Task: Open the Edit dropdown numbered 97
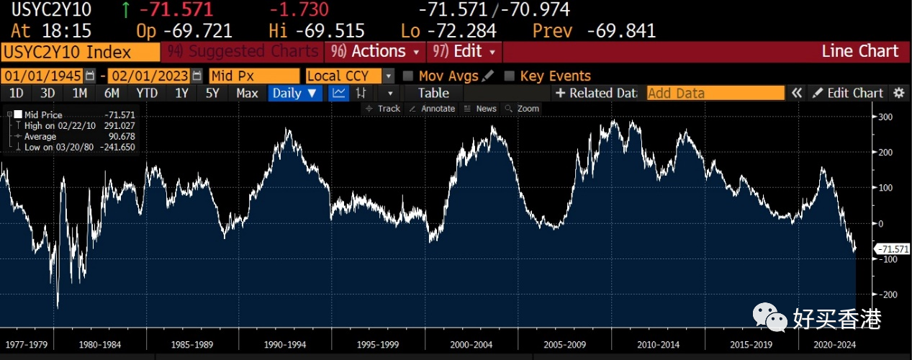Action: [x=464, y=52]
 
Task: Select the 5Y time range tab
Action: [x=212, y=93]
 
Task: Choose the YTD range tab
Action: [x=147, y=93]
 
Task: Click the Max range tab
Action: [x=247, y=93]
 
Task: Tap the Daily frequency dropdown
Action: [x=295, y=93]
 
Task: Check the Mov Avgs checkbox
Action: [x=408, y=76]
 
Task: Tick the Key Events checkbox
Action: [x=510, y=76]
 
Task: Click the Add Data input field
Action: [x=715, y=93]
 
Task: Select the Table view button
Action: [x=433, y=93]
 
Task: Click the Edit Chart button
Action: [x=847, y=93]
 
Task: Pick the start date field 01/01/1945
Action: [x=43, y=76]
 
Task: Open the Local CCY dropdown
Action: [x=350, y=76]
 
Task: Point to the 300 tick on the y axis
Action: [x=886, y=117]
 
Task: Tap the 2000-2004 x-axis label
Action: [x=471, y=344]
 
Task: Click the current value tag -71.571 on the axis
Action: [x=893, y=249]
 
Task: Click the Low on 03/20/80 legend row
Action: [x=72, y=147]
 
